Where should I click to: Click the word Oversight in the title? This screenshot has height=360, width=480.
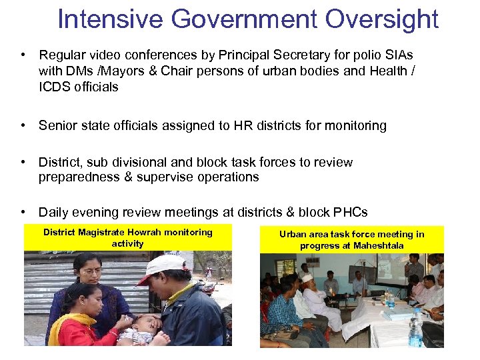(382, 19)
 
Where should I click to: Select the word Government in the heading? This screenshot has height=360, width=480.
(245, 19)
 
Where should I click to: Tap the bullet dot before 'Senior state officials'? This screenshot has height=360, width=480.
(23, 126)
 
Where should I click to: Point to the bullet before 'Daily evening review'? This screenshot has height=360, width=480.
(23, 213)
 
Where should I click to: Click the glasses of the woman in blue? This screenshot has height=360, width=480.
(91, 271)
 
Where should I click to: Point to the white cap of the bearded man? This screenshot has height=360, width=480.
(307, 277)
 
